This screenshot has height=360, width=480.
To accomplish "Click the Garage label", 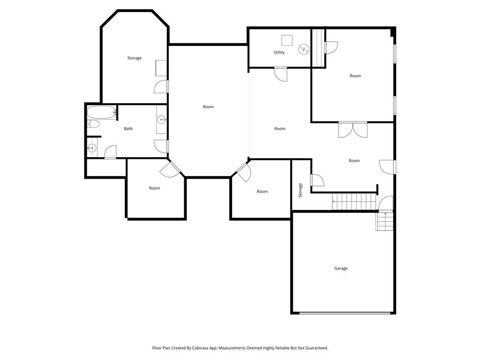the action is pos(341,269).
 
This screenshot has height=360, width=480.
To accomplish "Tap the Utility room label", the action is pos(279,52).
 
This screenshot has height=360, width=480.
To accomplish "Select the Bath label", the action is pos(128,128).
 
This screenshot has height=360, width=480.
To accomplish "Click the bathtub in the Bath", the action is pos(102,112).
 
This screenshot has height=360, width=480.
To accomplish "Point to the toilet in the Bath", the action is pos(93,124).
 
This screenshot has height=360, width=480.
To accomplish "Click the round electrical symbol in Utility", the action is pos(304,49).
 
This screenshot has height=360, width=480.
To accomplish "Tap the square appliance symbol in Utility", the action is pos(287,40).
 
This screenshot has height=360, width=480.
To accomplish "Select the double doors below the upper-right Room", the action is pos(352,130).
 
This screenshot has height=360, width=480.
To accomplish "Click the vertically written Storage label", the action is pos(300,190).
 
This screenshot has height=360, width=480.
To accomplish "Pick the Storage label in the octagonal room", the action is pos(135,58).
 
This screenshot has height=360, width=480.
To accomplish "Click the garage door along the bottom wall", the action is pos(345,313).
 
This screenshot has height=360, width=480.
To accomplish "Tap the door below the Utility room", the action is pos(281,74).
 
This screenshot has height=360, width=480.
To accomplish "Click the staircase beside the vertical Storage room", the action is pos(354,202).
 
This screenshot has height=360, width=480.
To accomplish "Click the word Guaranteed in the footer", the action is pos(316,348).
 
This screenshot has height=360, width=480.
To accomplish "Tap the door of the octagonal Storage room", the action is pos(161,87).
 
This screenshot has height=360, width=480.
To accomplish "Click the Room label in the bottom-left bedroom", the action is pos(154,188).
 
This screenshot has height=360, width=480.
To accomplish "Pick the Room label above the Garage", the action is pos(354,161).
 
